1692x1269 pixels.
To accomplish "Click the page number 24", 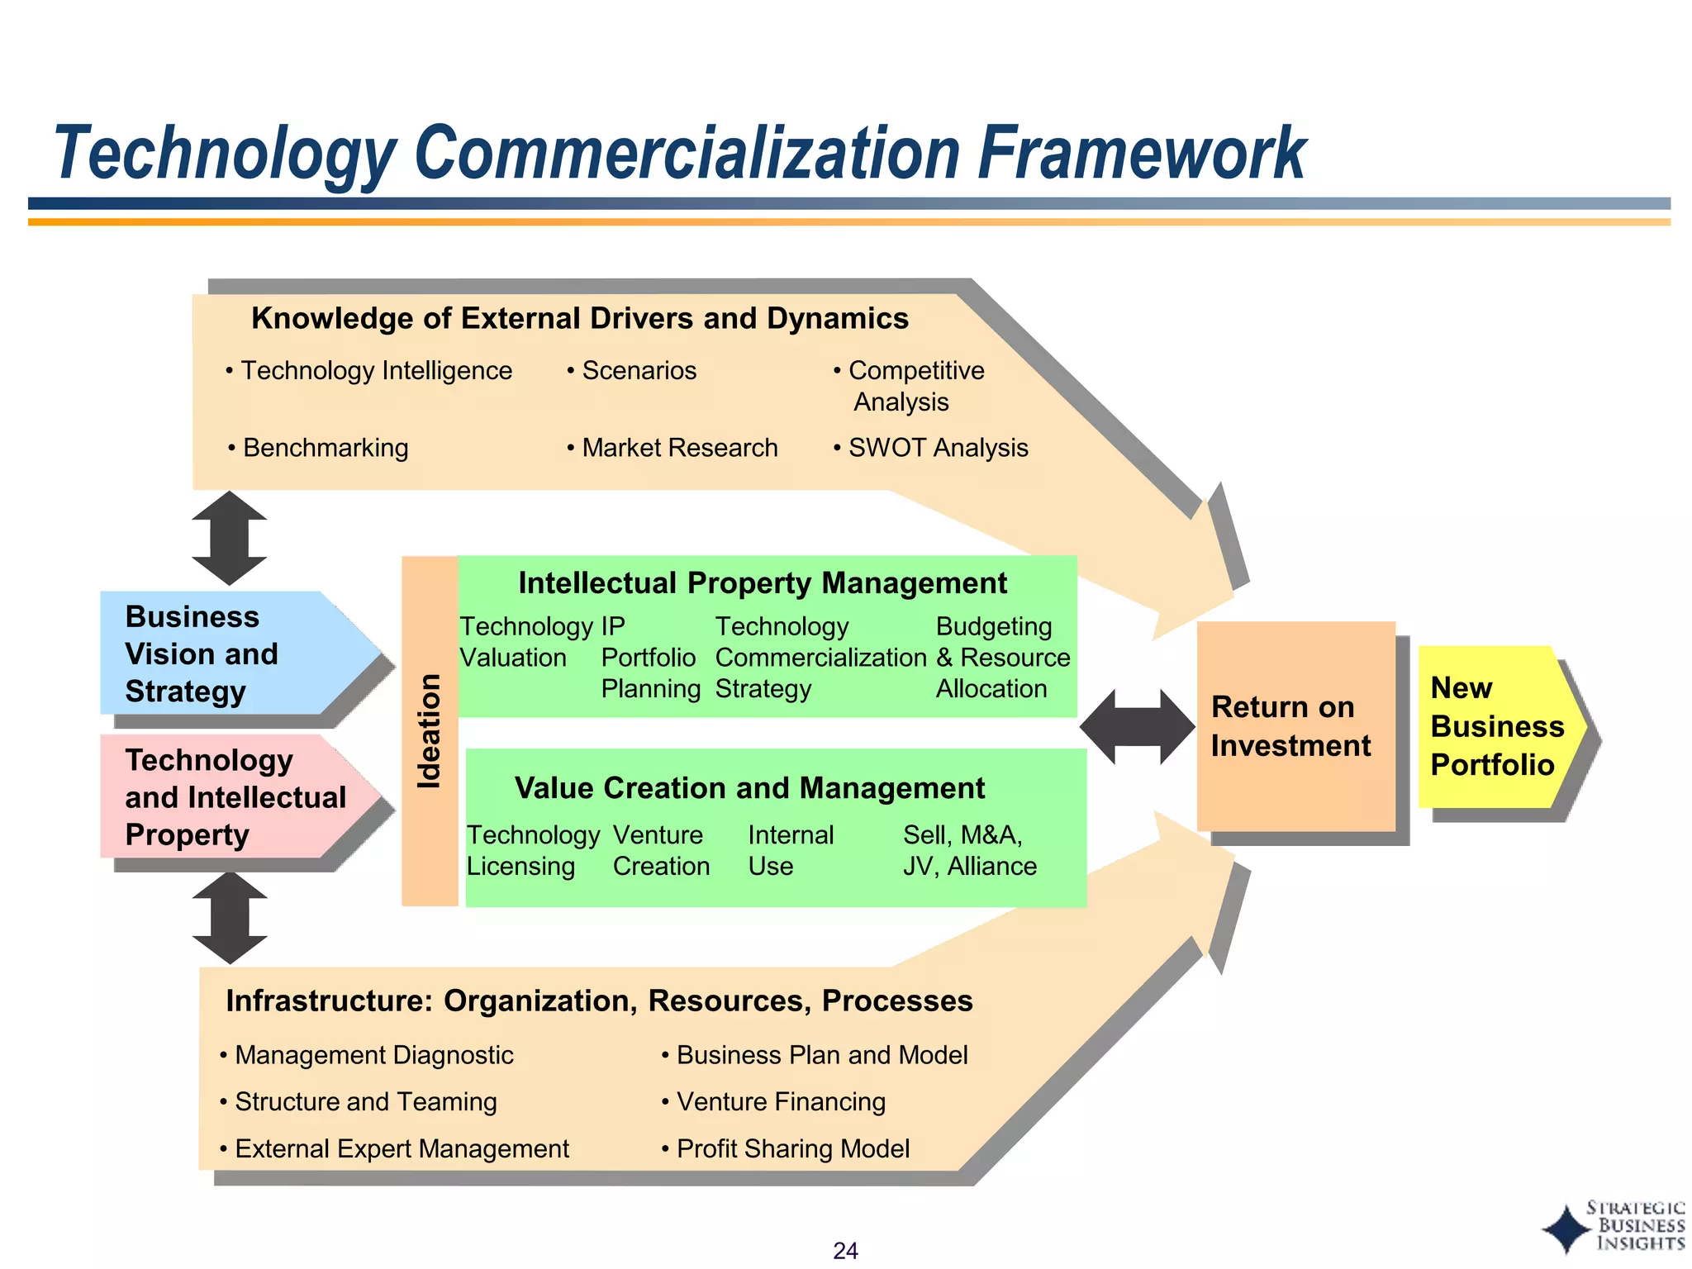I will pyautogui.click(x=845, y=1250).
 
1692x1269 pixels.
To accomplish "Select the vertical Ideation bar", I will pyautogui.click(x=430, y=731).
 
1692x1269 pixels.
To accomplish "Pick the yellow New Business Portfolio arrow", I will pyautogui.click(x=1497, y=726).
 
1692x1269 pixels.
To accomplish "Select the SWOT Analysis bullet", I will pyautogui.click(x=932, y=448).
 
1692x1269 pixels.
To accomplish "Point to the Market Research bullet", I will pyautogui.click(x=673, y=448).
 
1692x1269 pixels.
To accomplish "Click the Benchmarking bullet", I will pyautogui.click(x=320, y=448).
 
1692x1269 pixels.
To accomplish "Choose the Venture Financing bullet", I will pyautogui.click(x=774, y=1101).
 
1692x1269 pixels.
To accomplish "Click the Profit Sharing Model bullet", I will pyautogui.click(x=787, y=1148).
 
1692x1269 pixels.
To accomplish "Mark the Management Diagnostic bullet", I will pyautogui.click(x=368, y=1055).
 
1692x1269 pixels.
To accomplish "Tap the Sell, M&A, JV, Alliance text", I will pyautogui.click(x=969, y=850).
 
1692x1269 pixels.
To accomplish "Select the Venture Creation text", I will pyautogui.click(x=661, y=850).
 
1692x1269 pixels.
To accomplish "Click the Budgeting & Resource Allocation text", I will pyautogui.click(x=1001, y=658).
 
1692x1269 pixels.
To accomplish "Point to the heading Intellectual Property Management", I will pyautogui.click(x=762, y=583).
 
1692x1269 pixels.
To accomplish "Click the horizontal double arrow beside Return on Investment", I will pyautogui.click(x=1137, y=727).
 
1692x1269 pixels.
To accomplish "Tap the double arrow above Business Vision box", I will pyautogui.click(x=230, y=539).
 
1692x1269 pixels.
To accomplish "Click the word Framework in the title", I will pyautogui.click(x=1141, y=154).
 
